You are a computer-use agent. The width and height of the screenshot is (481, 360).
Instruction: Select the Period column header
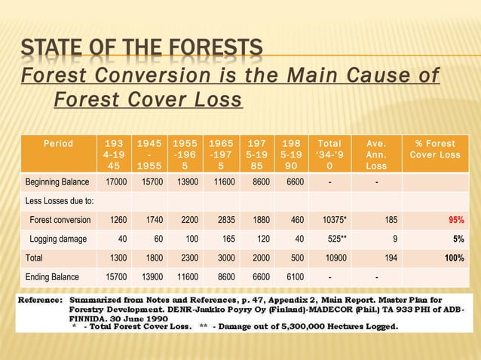coord(58,144)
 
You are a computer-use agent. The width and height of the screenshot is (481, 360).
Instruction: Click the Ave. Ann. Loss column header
coord(376,154)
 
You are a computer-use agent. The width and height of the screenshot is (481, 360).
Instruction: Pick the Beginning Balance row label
coord(57,182)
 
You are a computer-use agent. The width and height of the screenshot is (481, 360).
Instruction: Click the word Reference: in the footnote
coord(38,300)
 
